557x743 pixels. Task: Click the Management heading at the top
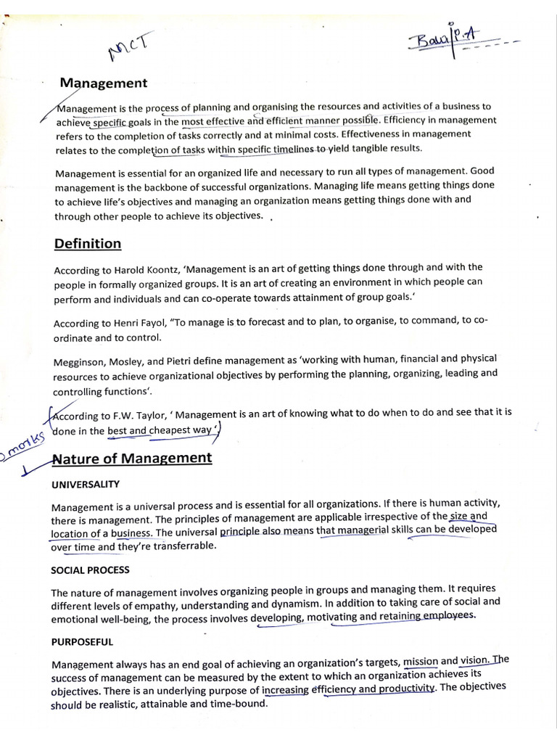pyautogui.click(x=104, y=83)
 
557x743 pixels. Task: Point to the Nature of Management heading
pyautogui.click(x=132, y=459)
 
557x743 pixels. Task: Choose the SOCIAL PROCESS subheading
pyautogui.click(x=90, y=570)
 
